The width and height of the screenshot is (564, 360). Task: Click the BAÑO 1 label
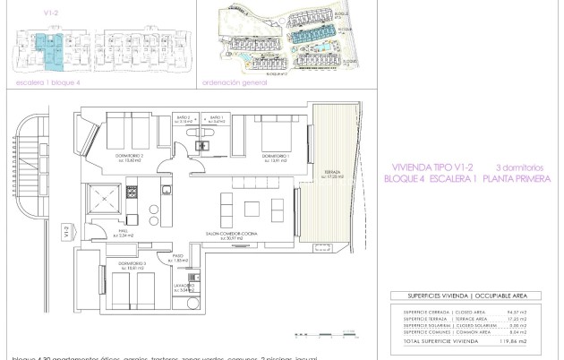click(216, 119)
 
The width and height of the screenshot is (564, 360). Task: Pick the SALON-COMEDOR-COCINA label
click(231, 236)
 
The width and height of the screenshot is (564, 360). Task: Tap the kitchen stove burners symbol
click(132, 191)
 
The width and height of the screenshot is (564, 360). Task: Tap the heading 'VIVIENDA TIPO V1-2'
click(432, 167)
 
